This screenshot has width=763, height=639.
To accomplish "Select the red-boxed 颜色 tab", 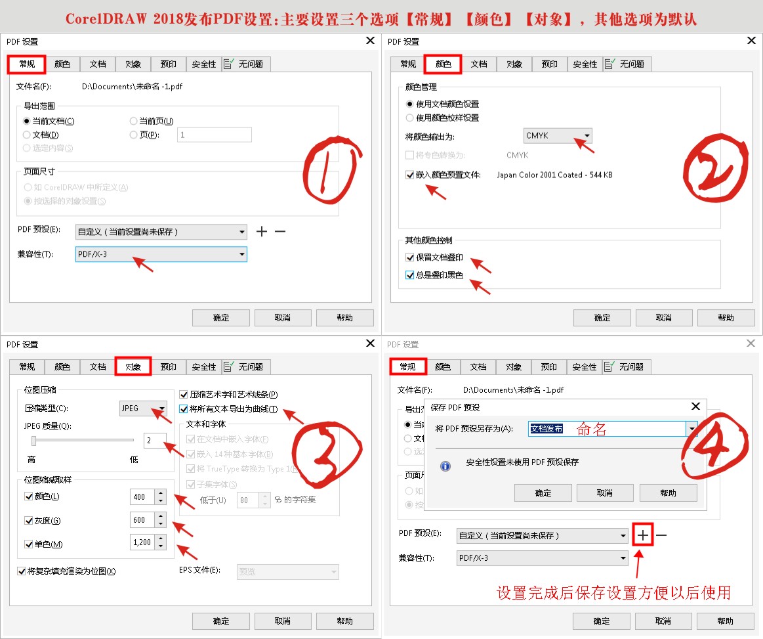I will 443,64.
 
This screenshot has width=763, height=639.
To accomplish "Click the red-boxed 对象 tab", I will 133,366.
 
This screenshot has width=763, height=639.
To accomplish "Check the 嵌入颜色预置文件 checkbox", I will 410,175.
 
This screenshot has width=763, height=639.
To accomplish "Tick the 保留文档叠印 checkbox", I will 410,257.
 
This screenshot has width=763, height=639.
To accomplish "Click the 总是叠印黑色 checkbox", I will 410,275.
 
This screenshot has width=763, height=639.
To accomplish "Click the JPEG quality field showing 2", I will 155,440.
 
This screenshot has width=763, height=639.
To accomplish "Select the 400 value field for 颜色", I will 142,497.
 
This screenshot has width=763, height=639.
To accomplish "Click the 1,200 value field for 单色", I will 142,542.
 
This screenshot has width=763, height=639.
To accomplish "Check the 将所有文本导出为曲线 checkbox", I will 184,409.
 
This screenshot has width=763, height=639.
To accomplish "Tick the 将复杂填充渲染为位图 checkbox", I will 22,571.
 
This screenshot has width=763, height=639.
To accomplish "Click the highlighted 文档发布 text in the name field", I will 546,429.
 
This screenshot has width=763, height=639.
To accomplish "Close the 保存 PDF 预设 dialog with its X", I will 695,407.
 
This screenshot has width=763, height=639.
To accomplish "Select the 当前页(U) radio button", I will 134,121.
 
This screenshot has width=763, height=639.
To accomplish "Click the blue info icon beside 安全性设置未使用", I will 445,466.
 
